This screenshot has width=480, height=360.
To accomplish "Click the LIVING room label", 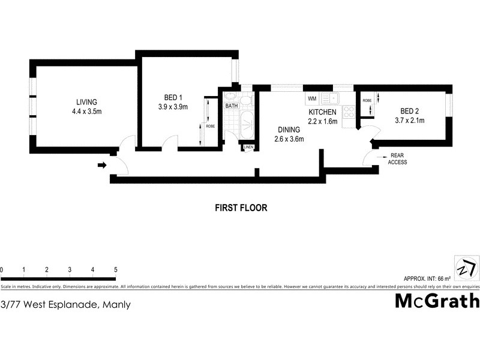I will [x=86, y=101].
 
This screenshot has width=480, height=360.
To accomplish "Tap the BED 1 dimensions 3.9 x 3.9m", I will [x=169, y=107].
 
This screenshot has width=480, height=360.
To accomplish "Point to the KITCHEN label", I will [x=323, y=112].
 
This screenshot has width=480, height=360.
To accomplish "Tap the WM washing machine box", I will [x=311, y=98].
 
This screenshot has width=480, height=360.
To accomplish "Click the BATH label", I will [x=232, y=106].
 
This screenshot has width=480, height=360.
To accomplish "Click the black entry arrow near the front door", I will [x=102, y=165].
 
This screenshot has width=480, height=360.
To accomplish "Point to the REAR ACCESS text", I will [x=397, y=158].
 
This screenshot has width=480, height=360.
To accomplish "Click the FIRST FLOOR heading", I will [x=241, y=208].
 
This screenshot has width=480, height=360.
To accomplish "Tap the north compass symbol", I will [x=466, y=267].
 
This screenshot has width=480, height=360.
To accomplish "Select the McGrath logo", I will [x=437, y=301].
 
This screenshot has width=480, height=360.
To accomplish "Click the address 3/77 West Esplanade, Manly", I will [x=65, y=305].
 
